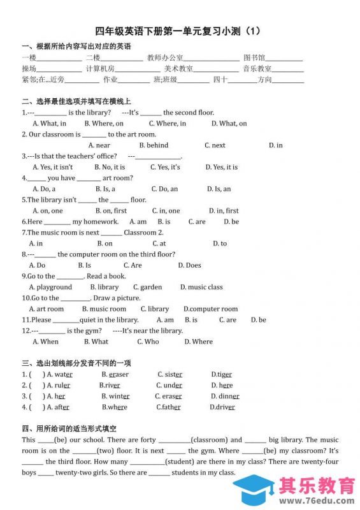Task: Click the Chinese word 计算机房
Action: tap(100, 69)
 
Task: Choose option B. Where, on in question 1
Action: tap(109, 124)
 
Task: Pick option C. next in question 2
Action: tap(215, 145)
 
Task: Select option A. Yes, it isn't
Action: tap(52, 167)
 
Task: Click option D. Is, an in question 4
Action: tap(219, 189)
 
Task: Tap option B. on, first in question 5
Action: tap(111, 210)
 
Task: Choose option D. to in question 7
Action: tap(220, 244)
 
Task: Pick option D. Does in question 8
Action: tap(189, 265)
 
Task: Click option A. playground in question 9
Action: tap(50, 287)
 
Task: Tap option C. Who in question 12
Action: tap(148, 342)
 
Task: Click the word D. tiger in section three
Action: tap(222, 375)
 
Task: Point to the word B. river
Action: tap(110, 386)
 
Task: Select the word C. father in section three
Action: tap(168, 407)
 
